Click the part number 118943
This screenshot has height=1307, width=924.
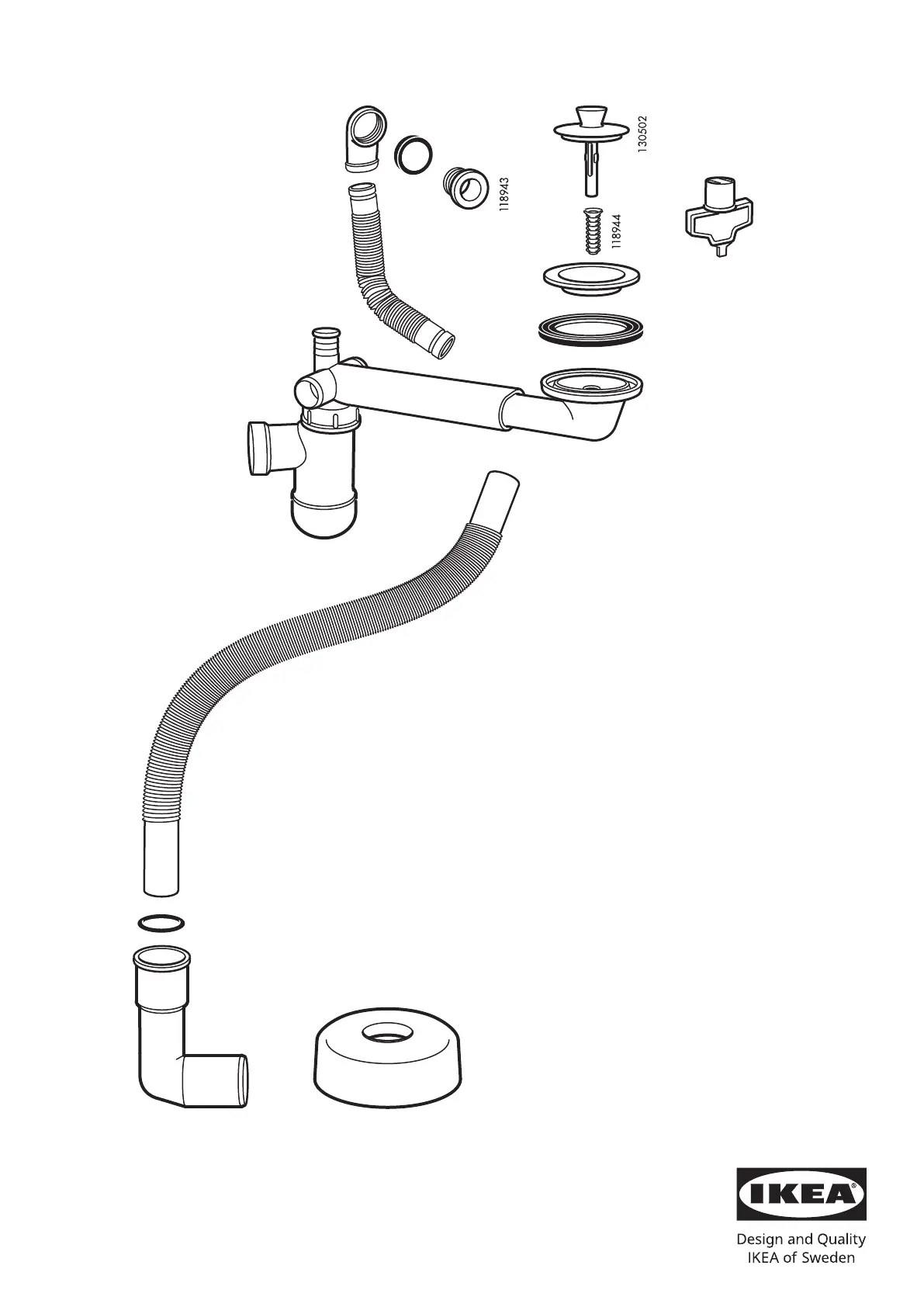pyautogui.click(x=504, y=194)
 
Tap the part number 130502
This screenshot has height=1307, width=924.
pyautogui.click(x=642, y=134)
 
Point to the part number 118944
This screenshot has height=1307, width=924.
pyautogui.click(x=617, y=232)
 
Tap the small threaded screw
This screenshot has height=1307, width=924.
pyautogui.click(x=594, y=231)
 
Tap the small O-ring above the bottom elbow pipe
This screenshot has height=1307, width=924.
pyautogui.click(x=161, y=923)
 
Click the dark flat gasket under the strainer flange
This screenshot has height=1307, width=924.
pyautogui.click(x=590, y=331)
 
